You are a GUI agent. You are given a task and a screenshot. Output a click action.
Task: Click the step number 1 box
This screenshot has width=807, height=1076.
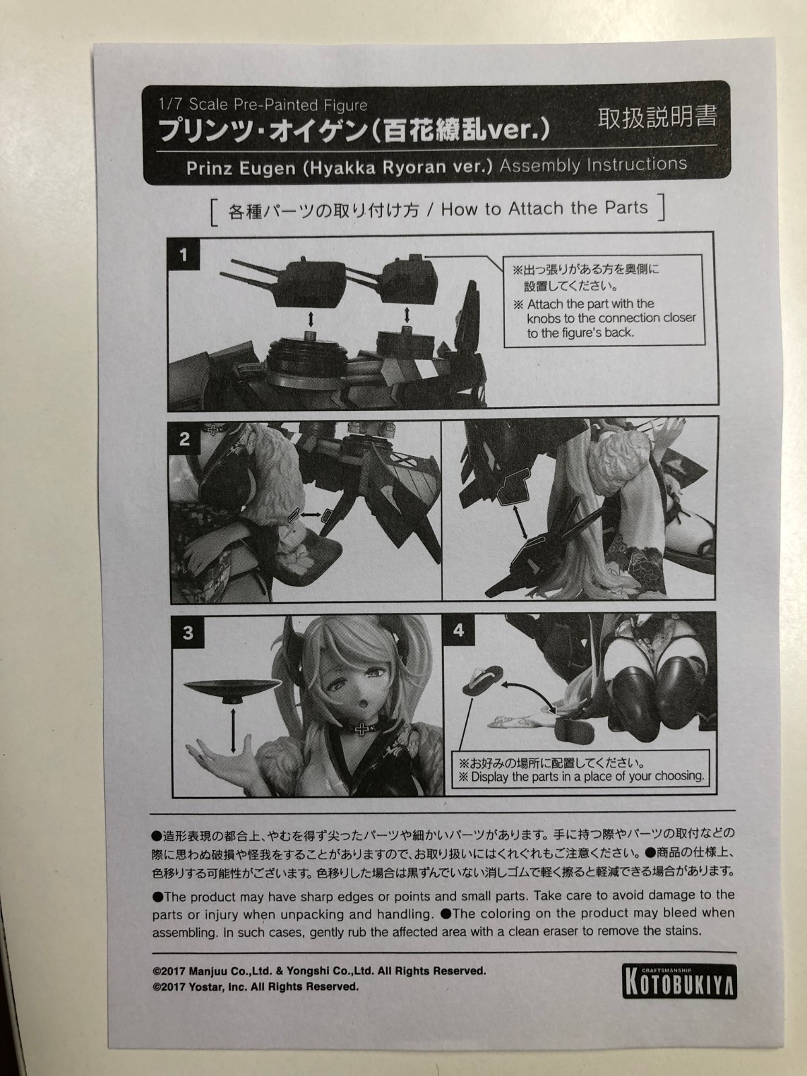(184, 255)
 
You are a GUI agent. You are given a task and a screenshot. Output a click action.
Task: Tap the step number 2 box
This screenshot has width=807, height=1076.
(185, 438)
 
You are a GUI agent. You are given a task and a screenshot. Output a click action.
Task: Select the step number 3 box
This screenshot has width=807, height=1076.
(188, 633)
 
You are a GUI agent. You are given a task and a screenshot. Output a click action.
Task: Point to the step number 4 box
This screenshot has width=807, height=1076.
(459, 630)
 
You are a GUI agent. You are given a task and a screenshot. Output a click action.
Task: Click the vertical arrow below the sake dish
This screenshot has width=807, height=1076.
(233, 730)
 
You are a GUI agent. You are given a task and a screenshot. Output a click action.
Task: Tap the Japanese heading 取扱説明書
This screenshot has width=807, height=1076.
(657, 118)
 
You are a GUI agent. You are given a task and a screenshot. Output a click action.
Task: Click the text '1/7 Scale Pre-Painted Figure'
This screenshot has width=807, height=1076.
(263, 104)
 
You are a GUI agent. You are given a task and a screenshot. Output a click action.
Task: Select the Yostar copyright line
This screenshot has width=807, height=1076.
(256, 987)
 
